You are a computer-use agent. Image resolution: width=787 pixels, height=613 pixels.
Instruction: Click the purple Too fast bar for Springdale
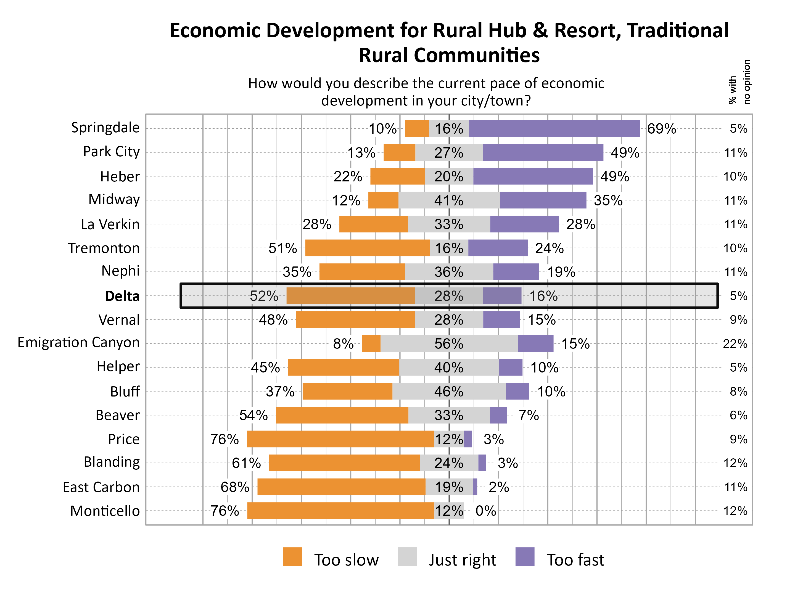pos(554,129)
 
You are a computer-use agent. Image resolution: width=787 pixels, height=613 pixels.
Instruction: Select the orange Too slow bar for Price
pos(340,439)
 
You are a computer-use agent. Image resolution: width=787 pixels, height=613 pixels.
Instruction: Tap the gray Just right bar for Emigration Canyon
pos(449,344)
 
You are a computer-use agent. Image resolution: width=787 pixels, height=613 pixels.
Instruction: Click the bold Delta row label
pos(122,296)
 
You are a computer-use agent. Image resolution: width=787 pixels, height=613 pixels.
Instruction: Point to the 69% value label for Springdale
pos(661,129)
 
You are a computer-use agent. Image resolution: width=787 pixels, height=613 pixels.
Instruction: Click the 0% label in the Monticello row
pos(486,511)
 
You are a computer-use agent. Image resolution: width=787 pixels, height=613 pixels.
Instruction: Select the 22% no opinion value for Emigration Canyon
pos(735,344)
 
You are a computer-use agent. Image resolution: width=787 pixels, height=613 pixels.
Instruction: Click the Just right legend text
pos(462,560)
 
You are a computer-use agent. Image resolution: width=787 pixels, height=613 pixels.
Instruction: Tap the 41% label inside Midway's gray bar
pos(449,200)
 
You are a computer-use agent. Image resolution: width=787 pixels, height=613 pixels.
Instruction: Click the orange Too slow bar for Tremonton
pos(367,248)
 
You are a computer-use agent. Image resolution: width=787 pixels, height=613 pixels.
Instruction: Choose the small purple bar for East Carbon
pos(475,487)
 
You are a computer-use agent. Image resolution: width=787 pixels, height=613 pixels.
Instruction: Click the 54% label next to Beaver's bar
pos(253,415)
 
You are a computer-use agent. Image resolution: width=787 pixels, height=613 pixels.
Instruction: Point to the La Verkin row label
pos(110,224)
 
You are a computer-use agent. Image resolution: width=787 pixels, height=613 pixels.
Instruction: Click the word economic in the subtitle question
pos(573,83)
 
